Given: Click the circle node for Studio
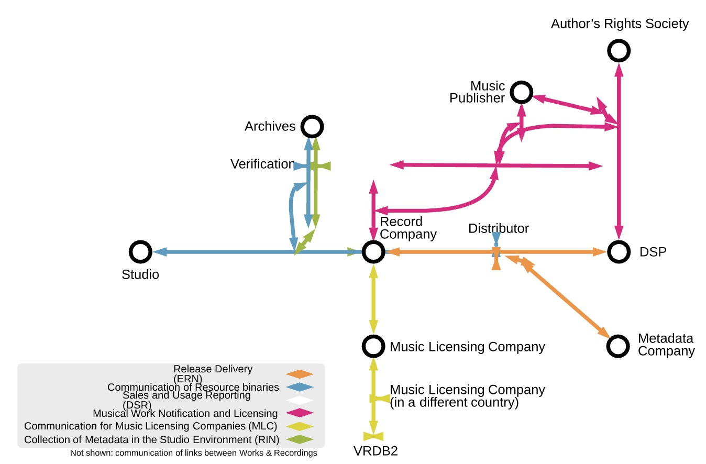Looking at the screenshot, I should click(140, 252).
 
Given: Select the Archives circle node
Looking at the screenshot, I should click(312, 126).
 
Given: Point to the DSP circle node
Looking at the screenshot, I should click(619, 252).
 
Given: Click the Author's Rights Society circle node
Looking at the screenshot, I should click(619, 51).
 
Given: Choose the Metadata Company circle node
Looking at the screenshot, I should click(617, 346).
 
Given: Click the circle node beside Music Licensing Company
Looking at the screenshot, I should click(373, 346).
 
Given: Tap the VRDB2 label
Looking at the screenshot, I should click(376, 451).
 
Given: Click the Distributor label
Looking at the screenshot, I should click(498, 228).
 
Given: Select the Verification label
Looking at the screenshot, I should click(262, 164).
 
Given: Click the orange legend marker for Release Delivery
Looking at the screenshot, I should click(300, 374).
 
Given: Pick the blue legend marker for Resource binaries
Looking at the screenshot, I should click(300, 388).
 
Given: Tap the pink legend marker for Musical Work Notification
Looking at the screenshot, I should click(300, 414).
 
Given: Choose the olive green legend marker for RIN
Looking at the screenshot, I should click(300, 439).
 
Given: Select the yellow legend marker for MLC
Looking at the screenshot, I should click(300, 426).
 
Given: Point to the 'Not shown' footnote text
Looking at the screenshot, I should click(193, 453).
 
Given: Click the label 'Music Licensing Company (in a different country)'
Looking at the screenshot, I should click(467, 396).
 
